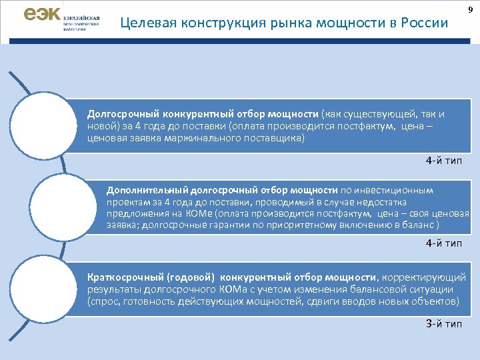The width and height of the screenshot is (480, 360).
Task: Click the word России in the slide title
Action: (425, 24)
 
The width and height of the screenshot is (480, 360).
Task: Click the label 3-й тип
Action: (443, 323)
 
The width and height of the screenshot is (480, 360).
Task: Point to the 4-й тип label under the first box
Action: (443, 161)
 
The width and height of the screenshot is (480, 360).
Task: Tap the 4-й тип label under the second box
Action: (443, 243)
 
